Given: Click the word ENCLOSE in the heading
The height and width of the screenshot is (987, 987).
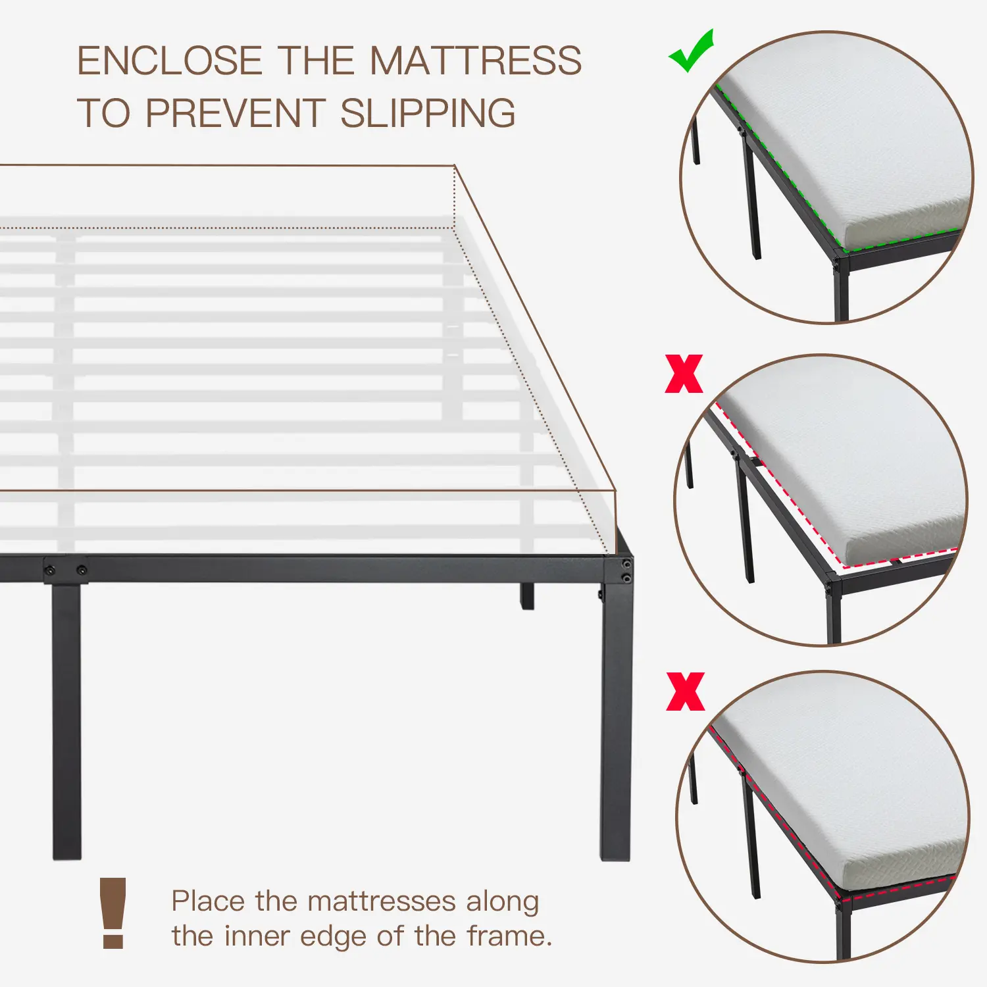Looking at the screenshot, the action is [x=170, y=61].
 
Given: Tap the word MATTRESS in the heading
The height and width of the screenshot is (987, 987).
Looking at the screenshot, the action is [x=476, y=61].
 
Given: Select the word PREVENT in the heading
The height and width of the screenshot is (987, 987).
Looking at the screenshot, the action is [x=235, y=113].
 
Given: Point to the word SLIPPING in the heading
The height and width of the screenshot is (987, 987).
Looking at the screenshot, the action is [x=428, y=113].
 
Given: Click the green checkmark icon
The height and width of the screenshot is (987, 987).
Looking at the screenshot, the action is [x=691, y=51].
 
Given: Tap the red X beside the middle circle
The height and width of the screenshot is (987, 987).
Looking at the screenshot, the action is [x=684, y=374].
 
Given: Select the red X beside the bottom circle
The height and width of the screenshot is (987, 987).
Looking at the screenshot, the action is [x=685, y=692].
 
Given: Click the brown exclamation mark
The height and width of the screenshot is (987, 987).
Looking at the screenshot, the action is [x=113, y=913].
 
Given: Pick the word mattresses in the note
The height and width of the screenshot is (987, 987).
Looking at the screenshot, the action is [x=382, y=901].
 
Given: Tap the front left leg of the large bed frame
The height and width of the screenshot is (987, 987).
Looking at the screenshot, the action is [x=66, y=721].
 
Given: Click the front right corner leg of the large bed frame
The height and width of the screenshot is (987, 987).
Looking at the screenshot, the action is [x=616, y=711].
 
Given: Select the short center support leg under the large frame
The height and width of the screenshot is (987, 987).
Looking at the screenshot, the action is [x=527, y=596].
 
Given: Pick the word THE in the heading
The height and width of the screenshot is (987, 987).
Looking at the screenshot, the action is [x=316, y=61].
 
